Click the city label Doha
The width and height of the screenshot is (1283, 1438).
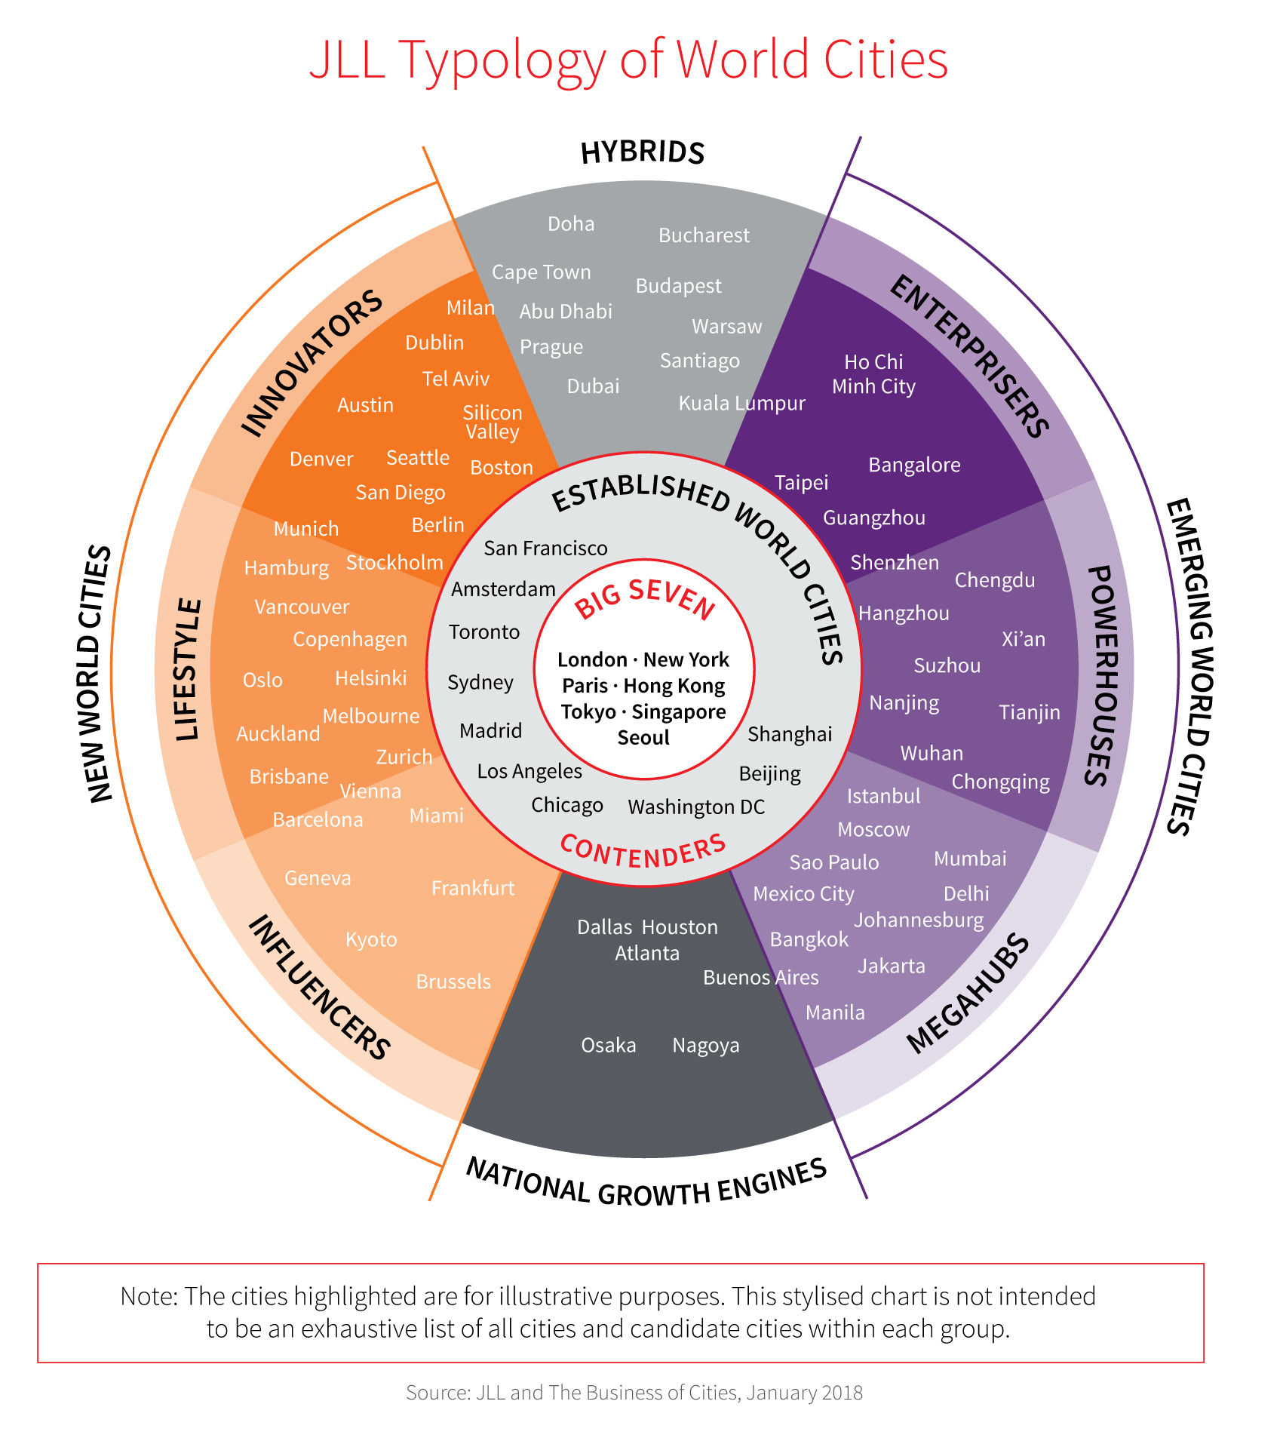pos(571,224)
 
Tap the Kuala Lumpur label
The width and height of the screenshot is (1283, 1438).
pos(741,404)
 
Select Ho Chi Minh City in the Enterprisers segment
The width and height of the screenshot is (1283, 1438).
pos(873,374)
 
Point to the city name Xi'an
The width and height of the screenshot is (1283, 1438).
pos(1024,640)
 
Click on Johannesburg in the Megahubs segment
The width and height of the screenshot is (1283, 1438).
pos(919,920)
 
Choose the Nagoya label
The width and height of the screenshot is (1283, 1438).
pos(706,1046)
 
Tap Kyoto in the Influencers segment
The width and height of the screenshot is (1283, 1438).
pos(371,940)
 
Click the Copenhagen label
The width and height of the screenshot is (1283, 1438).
pos(350,640)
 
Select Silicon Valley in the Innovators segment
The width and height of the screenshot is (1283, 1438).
pos(493,422)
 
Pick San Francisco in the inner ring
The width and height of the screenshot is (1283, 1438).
pos(545,548)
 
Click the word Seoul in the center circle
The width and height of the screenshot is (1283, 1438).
pos(643,738)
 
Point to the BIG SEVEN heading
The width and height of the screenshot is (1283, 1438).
pos(645,598)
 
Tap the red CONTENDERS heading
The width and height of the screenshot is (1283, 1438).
pos(643,853)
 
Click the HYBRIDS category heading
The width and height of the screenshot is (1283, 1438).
pos(643,152)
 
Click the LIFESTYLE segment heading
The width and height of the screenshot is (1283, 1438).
pos(188,670)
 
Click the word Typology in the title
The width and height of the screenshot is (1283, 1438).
pos(502,60)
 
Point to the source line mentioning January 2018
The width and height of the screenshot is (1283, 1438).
pos(634,1393)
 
